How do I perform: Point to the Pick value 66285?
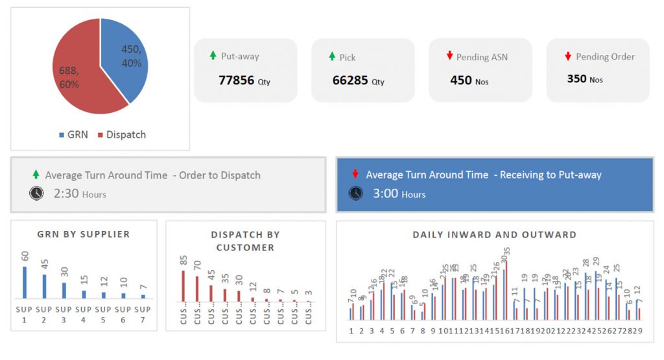(350, 80)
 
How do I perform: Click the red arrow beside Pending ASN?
(449, 56)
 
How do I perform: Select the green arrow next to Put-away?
(213, 56)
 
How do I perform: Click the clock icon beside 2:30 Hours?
(37, 193)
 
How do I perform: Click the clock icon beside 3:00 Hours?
(355, 193)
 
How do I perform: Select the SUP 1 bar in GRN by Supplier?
(25, 282)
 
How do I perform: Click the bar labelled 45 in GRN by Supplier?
(44, 286)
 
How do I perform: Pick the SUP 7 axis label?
(143, 314)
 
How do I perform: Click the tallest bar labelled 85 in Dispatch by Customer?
(184, 286)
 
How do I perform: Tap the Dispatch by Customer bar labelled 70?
(197, 289)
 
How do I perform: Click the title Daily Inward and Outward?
(494, 235)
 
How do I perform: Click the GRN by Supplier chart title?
(83, 234)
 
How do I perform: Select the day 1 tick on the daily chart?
(351, 331)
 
